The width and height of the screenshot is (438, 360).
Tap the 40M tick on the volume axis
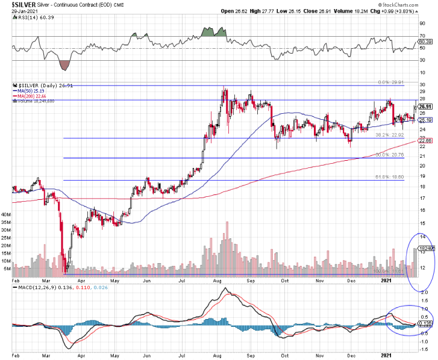click(6, 214)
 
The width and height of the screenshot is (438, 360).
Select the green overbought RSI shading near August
click(214, 31)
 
